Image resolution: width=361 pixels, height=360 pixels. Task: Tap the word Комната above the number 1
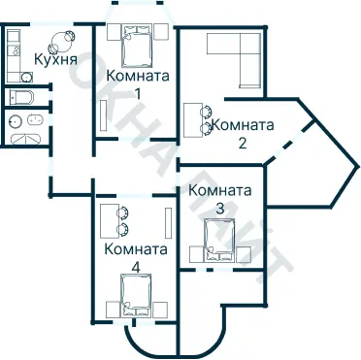click(138, 76)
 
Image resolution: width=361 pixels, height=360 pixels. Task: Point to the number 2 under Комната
click(243, 143)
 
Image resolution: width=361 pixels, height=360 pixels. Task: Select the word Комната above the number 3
click(220, 190)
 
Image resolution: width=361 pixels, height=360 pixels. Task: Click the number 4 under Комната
click(135, 267)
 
